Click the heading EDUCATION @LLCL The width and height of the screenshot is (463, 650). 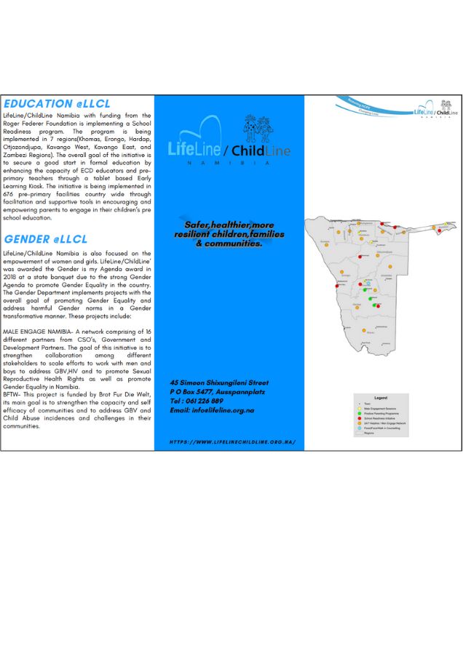[x=49, y=104]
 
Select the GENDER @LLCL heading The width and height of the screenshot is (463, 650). [x=45, y=238]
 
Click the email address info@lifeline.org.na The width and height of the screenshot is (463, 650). [x=221, y=410]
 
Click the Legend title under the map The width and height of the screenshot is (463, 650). [x=380, y=398]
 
